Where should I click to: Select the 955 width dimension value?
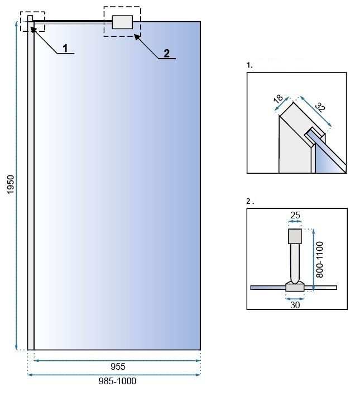tap(117, 367)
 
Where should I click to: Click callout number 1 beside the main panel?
tap(65, 48)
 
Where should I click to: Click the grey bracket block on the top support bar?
tap(122, 22)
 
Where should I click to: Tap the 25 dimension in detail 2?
tap(294, 215)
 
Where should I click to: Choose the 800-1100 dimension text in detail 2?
tap(319, 256)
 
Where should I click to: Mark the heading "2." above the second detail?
tap(249, 201)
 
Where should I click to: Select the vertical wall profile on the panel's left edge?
tap(31, 184)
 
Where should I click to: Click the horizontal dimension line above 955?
tap(117, 360)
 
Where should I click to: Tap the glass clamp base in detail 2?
tap(294, 287)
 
